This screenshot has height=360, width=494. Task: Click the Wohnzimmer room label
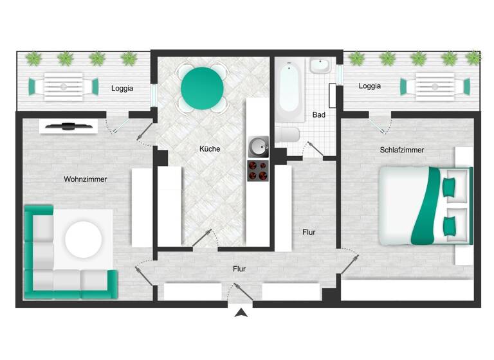pyautogui.click(x=85, y=179)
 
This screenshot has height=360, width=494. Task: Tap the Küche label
pyautogui.click(x=210, y=149)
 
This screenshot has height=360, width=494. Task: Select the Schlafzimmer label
pyautogui.click(x=402, y=150)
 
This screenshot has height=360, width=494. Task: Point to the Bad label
pyautogui.click(x=318, y=115)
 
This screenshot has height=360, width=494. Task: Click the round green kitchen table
pyautogui.click(x=202, y=89)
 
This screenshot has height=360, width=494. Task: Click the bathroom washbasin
pyautogui.click(x=320, y=66)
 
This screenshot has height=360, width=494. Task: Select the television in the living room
pyautogui.click(x=68, y=126)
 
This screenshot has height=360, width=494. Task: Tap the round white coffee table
pyautogui.click(x=83, y=239)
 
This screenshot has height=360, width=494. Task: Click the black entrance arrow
pyautogui.click(x=241, y=313)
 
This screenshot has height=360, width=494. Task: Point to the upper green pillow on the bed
pyautogui.click(x=450, y=186)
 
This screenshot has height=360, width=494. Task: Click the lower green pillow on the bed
pyautogui.click(x=450, y=225)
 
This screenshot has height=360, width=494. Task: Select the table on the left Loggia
pyautogui.click(x=63, y=86)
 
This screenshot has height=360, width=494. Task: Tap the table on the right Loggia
pyautogui.click(x=434, y=86)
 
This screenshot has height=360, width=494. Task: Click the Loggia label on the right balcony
pyautogui.click(x=370, y=85)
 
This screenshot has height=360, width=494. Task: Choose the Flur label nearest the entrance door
pyautogui.click(x=239, y=269)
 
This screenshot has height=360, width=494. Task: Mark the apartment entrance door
pyautogui.click(x=240, y=293)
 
